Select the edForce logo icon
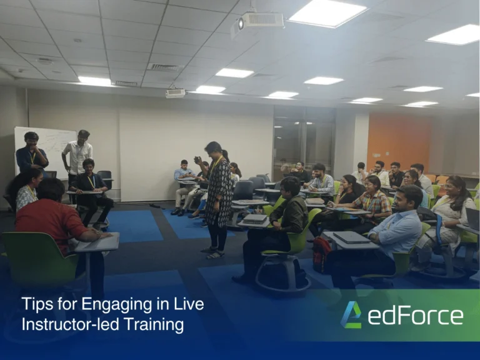click(x=351, y=314)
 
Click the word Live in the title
click(x=188, y=305)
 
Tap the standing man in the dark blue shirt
click(x=31, y=154)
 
